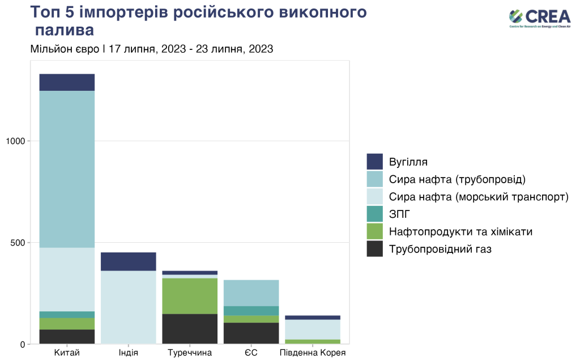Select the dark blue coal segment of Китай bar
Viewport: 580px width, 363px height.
click(67, 82)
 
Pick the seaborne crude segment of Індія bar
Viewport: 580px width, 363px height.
click(129, 307)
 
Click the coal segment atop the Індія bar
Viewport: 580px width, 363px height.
click(129, 261)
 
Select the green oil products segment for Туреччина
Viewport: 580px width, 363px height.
click(190, 296)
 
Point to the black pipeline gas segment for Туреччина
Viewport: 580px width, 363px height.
click(190, 328)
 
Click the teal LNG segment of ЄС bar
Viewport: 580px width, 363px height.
click(251, 311)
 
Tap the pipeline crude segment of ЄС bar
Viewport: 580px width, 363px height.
click(251, 293)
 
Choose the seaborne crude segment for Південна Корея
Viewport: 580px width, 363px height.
click(313, 330)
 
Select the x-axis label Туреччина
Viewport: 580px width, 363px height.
click(190, 353)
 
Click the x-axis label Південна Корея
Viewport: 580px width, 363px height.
click(313, 353)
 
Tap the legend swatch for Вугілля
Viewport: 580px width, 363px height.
click(375, 162)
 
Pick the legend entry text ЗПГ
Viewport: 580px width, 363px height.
click(399, 214)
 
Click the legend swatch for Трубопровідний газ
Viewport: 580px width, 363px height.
click(375, 248)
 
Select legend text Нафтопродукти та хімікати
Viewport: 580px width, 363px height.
click(460, 231)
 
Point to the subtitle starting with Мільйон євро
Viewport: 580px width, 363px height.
click(152, 49)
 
